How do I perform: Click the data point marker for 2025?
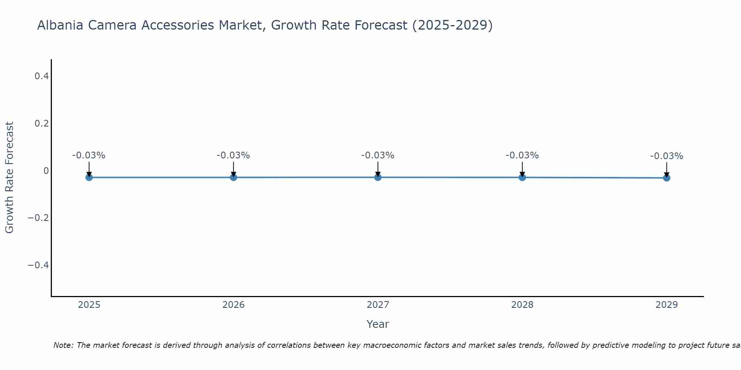89,177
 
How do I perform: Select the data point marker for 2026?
233,177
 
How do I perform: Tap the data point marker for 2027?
378,177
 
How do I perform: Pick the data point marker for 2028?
522,177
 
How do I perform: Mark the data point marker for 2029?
667,178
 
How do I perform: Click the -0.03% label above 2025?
89,155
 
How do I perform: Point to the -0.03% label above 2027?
378,155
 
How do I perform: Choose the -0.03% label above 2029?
667,156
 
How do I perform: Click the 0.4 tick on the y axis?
41,76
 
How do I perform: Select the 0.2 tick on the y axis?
41,123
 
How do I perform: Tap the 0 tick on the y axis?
46,171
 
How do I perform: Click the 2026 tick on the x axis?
233,305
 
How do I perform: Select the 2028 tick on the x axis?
522,305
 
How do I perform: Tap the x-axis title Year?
378,324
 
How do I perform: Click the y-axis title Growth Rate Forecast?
9,178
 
